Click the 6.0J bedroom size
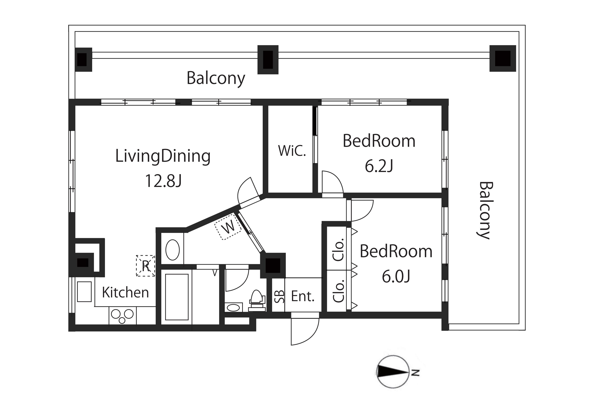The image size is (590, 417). [396, 276]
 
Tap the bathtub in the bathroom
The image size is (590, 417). [177, 297]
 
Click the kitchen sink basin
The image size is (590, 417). [84, 292]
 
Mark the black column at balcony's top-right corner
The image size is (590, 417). [503, 58]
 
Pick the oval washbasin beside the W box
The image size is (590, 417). [172, 250]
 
